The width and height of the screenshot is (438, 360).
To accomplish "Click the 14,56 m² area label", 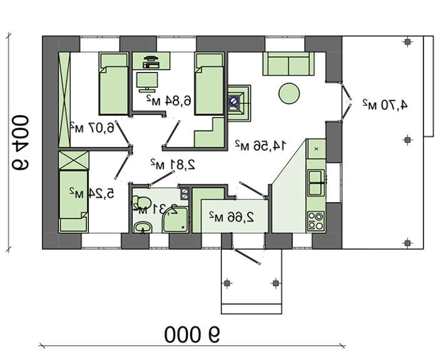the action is tap(261, 145).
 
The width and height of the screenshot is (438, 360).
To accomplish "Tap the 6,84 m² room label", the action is tap(169, 101).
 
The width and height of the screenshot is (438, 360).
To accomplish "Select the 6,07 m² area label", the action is tap(92, 128).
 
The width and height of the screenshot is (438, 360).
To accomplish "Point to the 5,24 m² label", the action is tap(91, 193).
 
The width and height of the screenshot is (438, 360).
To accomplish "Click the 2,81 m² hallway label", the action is tap(173, 164).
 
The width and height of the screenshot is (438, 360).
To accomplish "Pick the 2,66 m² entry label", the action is tap(232, 217).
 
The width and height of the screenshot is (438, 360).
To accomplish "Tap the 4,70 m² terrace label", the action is tap(385, 105).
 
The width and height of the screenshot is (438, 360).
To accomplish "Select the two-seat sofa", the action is tap(288, 64).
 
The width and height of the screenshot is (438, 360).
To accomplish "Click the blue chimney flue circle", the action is tap(233, 101).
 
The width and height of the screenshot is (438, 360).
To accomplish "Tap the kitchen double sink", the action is tap(316, 183).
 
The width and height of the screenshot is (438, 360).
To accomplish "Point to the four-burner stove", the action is tap(316, 221).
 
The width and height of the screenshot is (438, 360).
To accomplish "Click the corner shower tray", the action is tap(176, 219).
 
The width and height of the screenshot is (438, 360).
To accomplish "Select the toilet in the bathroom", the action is tap(141, 202).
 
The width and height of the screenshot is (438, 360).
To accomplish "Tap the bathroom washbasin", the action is tap(143, 227).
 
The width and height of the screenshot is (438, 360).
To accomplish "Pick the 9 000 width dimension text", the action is tap(192, 334).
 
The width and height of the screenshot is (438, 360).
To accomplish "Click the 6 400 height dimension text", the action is tap(20, 142).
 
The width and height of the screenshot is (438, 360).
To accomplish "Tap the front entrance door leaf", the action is tap(247, 256).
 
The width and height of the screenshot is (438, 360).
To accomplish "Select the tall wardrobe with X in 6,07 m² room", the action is tap(64, 100).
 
